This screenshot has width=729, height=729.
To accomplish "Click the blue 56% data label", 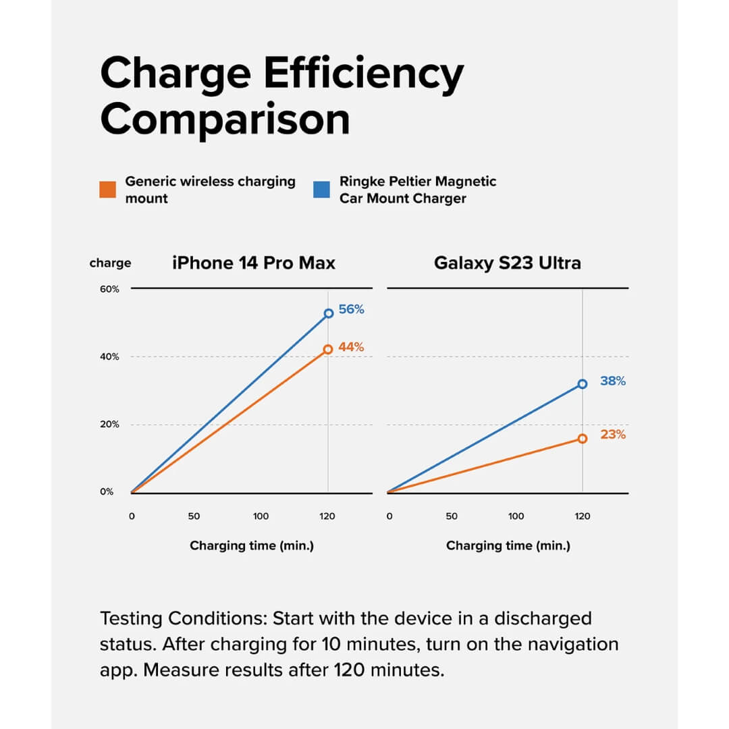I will pos(351,310).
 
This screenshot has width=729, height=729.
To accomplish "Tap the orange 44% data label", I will pos(351,347).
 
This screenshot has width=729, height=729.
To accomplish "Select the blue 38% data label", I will pos(613,381).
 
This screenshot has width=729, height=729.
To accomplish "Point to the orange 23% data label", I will pos(613,435).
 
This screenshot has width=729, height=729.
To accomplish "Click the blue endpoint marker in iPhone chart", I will pos(329,313).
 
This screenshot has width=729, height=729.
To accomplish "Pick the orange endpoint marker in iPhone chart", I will pos(328,349).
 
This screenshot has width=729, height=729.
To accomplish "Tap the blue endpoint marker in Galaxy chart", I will pos(583,384).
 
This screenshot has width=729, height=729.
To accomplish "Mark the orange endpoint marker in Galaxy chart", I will pos(583,439).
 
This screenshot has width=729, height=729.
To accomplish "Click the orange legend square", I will pos(107,190).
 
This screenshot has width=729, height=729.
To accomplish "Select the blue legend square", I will pos(322,190).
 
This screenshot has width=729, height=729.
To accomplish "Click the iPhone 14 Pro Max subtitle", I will pos(253,263).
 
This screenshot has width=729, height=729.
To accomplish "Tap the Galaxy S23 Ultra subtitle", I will pos(507,263).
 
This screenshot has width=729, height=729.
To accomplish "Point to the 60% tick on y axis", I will pos(109,289).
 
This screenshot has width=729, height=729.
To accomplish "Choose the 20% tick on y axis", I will pos(109,425).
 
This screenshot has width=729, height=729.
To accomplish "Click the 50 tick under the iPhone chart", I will pos(194,516).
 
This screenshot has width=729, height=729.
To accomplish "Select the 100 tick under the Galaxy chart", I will pos(516,516).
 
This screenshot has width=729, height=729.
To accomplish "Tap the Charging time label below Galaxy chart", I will pos(508,545).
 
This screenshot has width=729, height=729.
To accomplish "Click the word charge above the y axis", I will pos(110,263).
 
